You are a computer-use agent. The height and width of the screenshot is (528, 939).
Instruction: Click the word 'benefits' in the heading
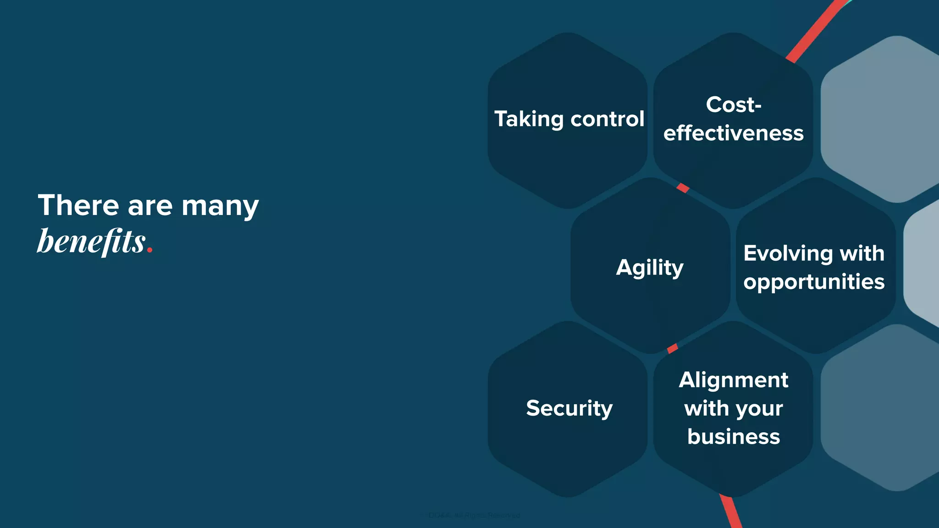[x=91, y=241]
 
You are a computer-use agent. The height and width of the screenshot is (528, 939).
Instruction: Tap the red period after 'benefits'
[x=149, y=250]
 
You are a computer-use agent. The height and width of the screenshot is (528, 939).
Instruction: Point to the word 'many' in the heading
[x=220, y=206]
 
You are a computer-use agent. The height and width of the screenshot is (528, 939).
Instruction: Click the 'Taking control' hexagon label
[x=569, y=119]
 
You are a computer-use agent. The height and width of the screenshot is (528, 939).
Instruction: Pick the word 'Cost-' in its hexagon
[x=734, y=104]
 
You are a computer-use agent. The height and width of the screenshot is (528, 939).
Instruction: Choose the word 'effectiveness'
[x=733, y=133]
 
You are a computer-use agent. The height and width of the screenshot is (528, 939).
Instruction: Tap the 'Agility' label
[x=650, y=268]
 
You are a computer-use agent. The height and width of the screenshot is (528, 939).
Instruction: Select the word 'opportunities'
[x=814, y=281]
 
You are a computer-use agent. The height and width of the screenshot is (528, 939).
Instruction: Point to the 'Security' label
[x=569, y=408]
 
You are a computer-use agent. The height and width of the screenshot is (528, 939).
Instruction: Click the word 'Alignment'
[x=734, y=380]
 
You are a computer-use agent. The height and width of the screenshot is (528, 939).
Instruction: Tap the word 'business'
[x=734, y=437]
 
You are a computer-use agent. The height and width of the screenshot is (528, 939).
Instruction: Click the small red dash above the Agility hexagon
[x=683, y=187]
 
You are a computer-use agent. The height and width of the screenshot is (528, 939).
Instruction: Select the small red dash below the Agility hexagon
[x=673, y=348]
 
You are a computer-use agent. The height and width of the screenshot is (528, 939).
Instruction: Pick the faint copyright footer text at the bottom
[x=474, y=516]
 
